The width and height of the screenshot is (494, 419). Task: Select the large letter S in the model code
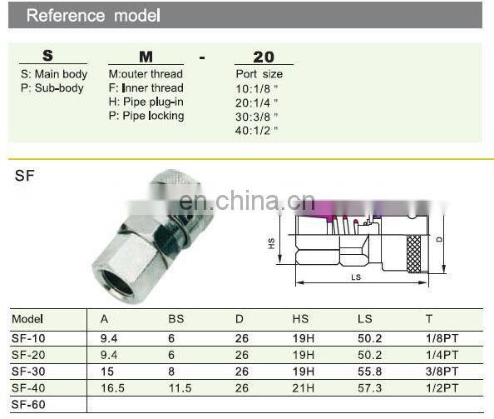click(47, 56)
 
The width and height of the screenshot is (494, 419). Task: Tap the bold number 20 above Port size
click(263, 57)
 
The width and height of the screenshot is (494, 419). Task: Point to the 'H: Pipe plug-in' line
click(146, 102)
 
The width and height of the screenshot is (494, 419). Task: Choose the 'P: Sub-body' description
click(52, 88)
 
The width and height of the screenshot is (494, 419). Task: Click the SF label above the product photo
click(24, 176)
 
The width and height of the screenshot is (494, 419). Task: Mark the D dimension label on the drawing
click(440, 239)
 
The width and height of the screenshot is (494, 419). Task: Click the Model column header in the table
click(27, 319)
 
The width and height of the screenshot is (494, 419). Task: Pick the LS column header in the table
click(364, 319)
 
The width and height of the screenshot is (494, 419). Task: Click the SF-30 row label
click(28, 370)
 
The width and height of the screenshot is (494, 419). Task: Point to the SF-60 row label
click(28, 405)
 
